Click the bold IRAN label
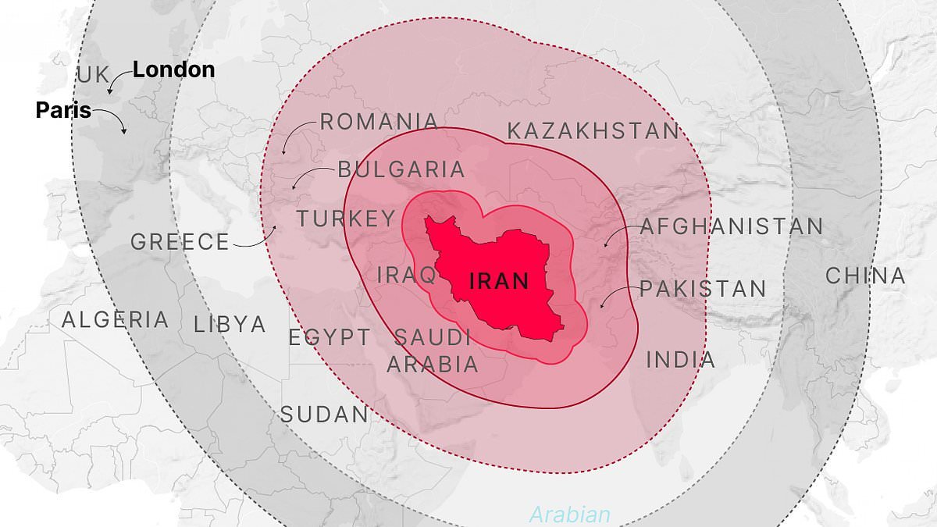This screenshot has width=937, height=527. tap(499, 281)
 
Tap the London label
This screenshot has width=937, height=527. tap(173, 69)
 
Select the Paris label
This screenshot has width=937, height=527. tap(63, 111)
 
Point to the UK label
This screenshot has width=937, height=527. tap(93, 76)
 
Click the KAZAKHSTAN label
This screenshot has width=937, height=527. tap(593, 131)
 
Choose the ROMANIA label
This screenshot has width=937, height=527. tap(379, 122)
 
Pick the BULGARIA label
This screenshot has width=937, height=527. tap(401, 169)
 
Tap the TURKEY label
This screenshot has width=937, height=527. tap(346, 219)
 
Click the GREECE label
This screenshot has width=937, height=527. tap(180, 242)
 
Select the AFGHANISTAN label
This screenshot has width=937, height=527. tap(731, 227)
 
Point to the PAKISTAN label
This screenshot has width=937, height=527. tap(703, 289)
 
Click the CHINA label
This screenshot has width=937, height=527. tap(865, 276)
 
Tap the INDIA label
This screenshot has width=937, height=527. tap(680, 360)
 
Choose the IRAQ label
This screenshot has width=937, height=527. tap(406, 275)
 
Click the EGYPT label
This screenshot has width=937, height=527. tap(330, 338)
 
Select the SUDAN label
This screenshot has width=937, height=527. tap(323, 415)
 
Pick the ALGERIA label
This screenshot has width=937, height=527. tap(115, 319)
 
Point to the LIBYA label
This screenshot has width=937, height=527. tap(230, 324)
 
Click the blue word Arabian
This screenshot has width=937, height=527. tap(569, 515)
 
